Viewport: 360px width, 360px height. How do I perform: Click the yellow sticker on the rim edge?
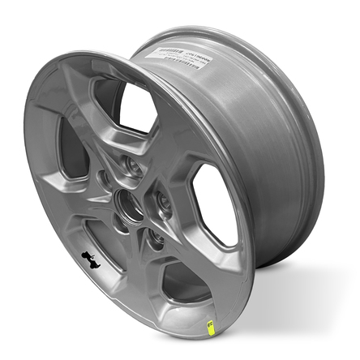(x=211, y=327)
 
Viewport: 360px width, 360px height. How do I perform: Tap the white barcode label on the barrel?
(x=179, y=58)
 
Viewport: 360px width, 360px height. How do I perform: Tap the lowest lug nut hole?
(x=152, y=238)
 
